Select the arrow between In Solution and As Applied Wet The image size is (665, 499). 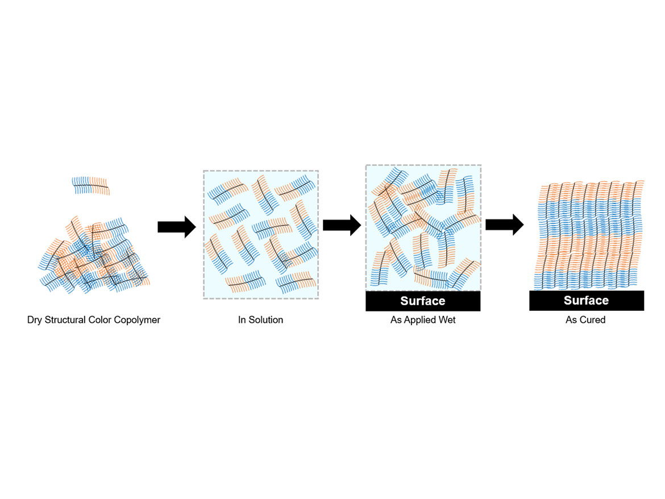click(x=342, y=225)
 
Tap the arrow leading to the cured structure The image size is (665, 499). click(x=504, y=224)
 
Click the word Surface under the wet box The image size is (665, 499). click(x=423, y=301)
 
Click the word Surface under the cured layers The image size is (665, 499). click(x=586, y=300)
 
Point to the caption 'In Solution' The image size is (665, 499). click(x=260, y=320)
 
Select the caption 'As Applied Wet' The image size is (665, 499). click(x=423, y=320)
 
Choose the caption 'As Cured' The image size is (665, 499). click(x=585, y=320)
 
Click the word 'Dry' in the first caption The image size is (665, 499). click(x=35, y=320)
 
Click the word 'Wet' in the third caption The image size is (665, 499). click(x=447, y=320)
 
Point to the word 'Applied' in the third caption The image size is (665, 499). click(x=422, y=320)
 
